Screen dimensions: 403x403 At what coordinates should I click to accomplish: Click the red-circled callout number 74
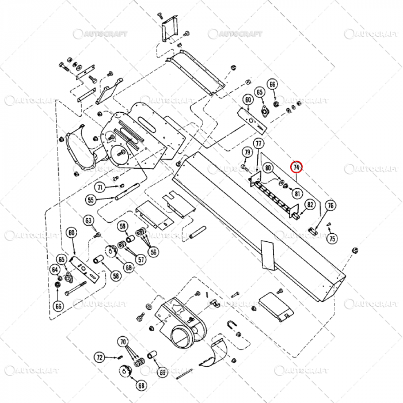click(x=296, y=167)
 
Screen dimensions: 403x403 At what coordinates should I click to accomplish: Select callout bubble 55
click(x=91, y=200)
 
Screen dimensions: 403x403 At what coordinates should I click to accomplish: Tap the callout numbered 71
click(x=100, y=188)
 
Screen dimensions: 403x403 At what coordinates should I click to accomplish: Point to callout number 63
click(x=88, y=220)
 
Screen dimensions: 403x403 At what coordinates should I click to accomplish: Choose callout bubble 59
click(x=123, y=226)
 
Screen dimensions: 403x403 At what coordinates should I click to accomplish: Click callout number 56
click(x=153, y=251)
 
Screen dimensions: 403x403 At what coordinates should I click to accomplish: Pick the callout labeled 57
click(x=141, y=259)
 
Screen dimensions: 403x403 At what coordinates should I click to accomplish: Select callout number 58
click(x=117, y=276)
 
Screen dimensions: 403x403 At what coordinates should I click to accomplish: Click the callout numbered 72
click(x=100, y=358)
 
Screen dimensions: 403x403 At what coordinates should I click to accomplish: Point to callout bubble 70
click(x=122, y=342)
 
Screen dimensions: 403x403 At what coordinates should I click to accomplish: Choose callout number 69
click(x=162, y=372)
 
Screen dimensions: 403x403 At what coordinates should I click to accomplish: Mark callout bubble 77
click(x=258, y=143)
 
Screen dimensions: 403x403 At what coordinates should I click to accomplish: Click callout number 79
click(x=247, y=153)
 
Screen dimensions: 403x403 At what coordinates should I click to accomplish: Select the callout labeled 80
click(x=268, y=168)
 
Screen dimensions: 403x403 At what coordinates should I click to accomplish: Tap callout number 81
click(x=298, y=193)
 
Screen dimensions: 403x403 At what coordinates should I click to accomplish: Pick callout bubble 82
click(x=310, y=204)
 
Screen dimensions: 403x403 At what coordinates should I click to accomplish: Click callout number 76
click(x=330, y=206)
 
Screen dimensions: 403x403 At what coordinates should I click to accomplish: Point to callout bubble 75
click(x=332, y=238)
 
